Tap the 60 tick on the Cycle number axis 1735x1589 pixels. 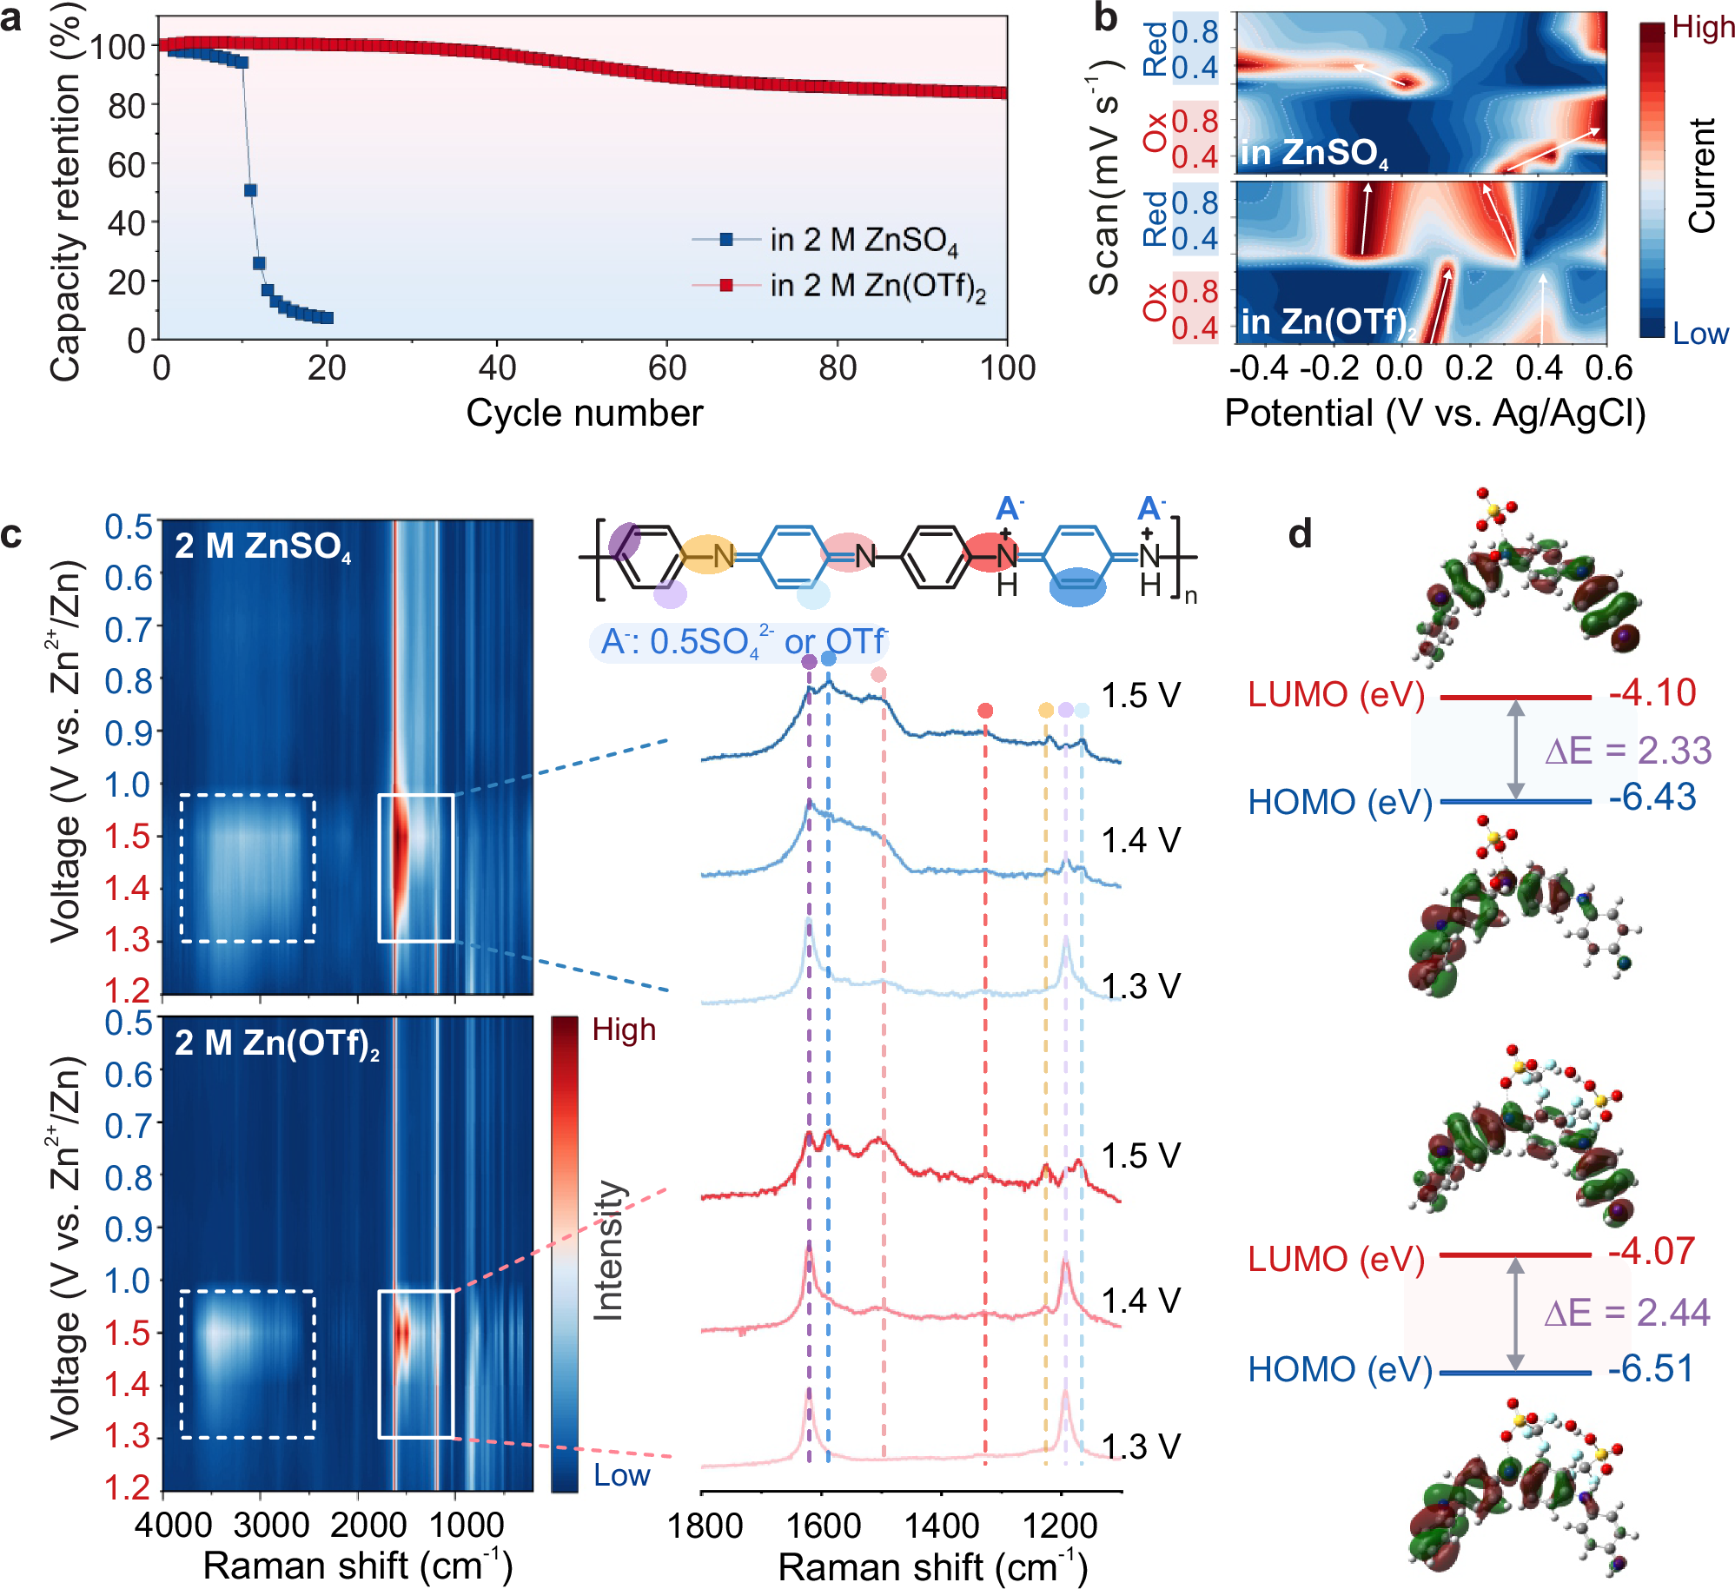pyautogui.click(x=667, y=368)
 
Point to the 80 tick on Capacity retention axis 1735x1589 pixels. pyautogui.click(x=126, y=106)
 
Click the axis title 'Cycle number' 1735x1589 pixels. pyautogui.click(x=584, y=414)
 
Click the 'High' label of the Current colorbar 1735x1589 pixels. pyautogui.click(x=1702, y=28)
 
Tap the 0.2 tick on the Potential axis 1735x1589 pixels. pyautogui.click(x=1469, y=368)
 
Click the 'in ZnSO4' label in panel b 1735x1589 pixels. pyautogui.click(x=1314, y=153)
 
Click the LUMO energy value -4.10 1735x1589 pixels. pyautogui.click(x=1652, y=693)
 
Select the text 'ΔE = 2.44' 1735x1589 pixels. pyautogui.click(x=1626, y=1313)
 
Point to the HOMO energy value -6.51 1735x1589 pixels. pyautogui.click(x=1651, y=1369)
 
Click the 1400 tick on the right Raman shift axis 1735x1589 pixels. pyautogui.click(x=940, y=1526)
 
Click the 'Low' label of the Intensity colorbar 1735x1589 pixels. pyautogui.click(x=621, y=1475)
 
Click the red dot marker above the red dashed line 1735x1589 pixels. pyautogui.click(x=984, y=711)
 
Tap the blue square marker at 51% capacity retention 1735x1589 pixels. pyautogui.click(x=250, y=190)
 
